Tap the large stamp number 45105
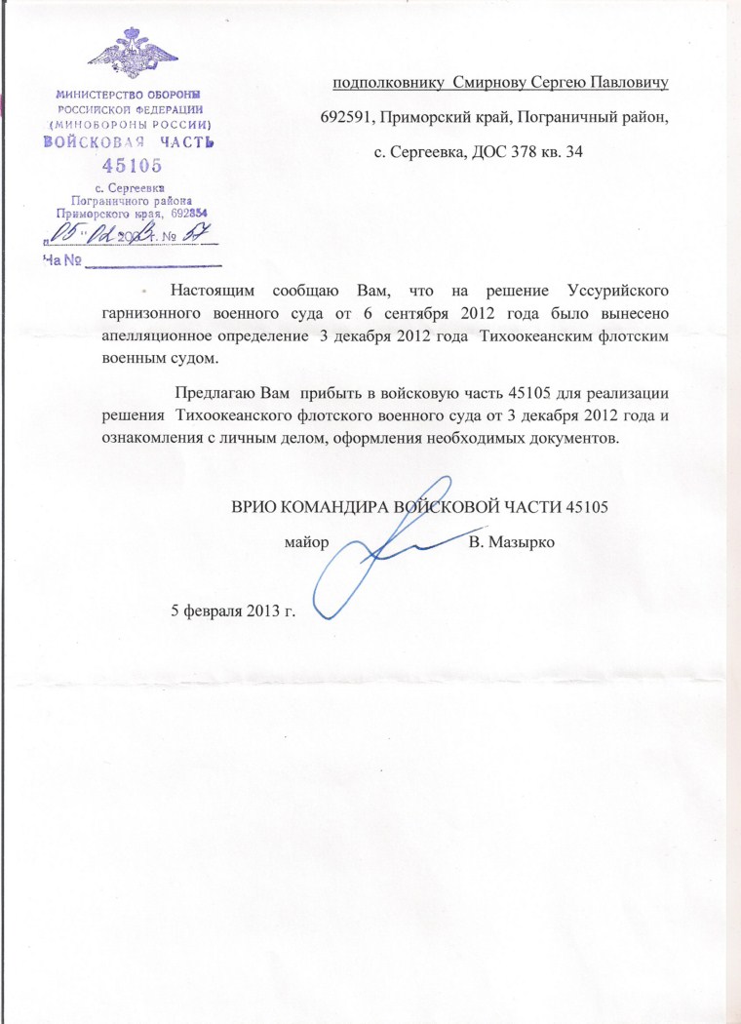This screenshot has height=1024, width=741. point(132,165)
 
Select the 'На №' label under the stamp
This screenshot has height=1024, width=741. point(59,260)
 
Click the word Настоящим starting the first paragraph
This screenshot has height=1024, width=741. point(211,291)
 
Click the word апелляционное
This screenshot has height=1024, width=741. point(152,335)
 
